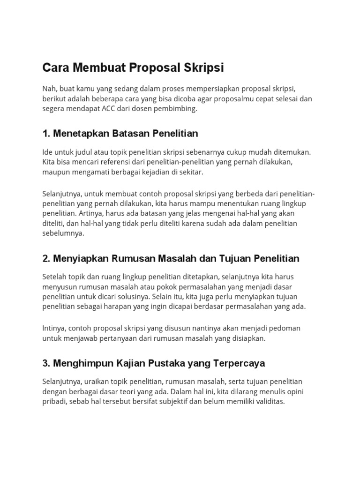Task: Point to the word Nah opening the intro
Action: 49,89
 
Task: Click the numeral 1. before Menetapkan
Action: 46,134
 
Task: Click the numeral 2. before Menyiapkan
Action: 46,259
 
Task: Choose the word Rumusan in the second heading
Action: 134,259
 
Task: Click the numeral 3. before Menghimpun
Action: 46,363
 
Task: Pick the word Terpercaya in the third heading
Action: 240,363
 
